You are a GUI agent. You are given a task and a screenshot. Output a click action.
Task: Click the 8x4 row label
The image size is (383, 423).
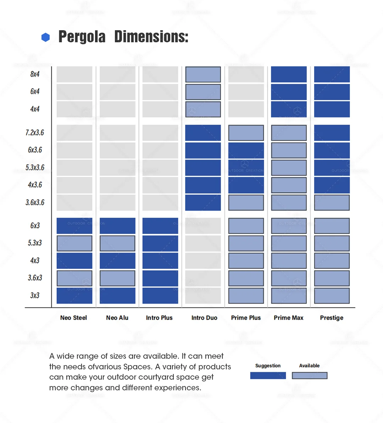tap(35, 74)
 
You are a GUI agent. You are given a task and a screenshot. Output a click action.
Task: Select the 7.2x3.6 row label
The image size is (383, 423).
tap(35, 133)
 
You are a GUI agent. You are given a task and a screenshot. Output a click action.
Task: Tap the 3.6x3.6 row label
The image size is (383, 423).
tap(35, 202)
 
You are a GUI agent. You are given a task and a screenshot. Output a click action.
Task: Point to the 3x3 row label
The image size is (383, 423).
tap(35, 295)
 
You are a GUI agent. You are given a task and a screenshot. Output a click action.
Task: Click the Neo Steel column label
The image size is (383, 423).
tap(73, 318)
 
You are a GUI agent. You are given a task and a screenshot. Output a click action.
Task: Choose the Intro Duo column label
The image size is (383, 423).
tap(204, 318)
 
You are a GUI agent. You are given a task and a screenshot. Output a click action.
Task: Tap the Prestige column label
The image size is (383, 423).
tap(332, 318)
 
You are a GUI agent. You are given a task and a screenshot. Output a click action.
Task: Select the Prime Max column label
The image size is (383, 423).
tap(289, 318)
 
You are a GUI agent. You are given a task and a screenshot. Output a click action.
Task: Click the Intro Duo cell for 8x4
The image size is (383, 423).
tap(203, 75)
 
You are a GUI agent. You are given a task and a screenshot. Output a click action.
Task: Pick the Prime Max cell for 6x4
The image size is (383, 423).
tap(289, 92)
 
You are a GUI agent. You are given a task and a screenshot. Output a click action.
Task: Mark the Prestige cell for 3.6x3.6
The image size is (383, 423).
tap(332, 202)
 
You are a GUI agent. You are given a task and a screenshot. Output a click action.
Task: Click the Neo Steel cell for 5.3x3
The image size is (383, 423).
tap(74, 243)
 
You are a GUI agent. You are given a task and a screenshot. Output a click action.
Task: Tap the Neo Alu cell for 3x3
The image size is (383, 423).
tap(117, 295)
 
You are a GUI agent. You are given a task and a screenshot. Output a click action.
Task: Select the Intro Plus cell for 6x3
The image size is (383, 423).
tap(160, 226)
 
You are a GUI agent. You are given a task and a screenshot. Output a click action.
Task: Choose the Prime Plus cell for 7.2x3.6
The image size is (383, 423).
tap(246, 133)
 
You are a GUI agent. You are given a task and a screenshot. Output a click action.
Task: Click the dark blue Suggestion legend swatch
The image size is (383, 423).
tap(268, 376)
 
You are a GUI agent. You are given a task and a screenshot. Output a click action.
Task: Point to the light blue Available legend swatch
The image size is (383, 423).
tap(310, 376)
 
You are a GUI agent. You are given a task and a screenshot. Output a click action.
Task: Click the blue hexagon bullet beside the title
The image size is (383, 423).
tap(46, 37)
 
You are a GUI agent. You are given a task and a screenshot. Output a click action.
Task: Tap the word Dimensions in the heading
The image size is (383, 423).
tap(151, 37)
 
